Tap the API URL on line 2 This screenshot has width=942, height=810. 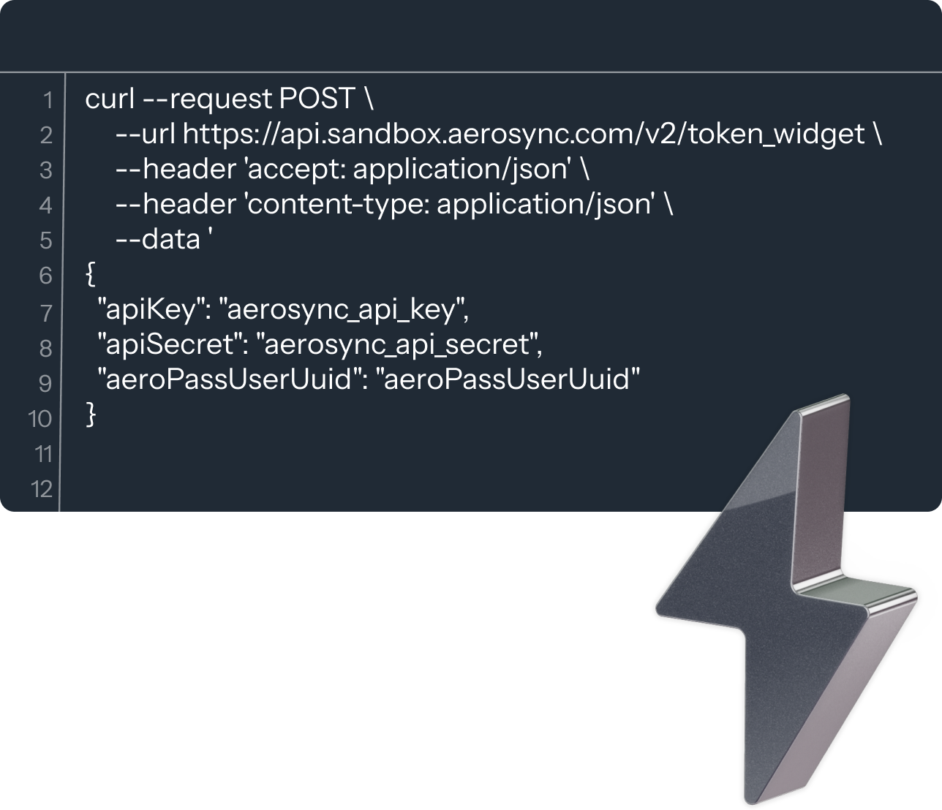[x=523, y=134]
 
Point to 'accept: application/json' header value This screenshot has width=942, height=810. [x=407, y=169]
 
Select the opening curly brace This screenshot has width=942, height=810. [x=90, y=274]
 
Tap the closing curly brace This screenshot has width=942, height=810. [x=91, y=415]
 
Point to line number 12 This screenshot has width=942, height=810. [x=42, y=488]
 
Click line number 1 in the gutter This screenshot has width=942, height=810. [x=48, y=99]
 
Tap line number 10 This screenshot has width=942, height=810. [x=40, y=418]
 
